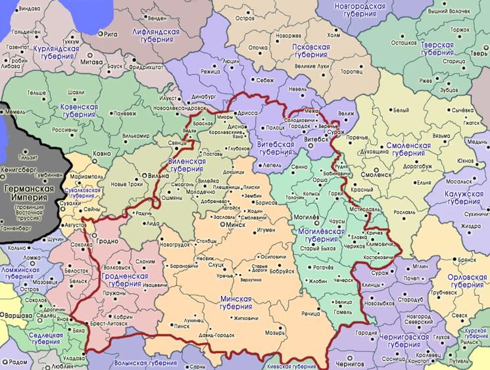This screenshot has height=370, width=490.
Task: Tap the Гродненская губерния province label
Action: tap(129, 280)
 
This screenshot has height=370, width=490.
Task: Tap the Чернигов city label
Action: tap(349, 363)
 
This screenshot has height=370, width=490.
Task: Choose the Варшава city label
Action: tap(16, 316)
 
